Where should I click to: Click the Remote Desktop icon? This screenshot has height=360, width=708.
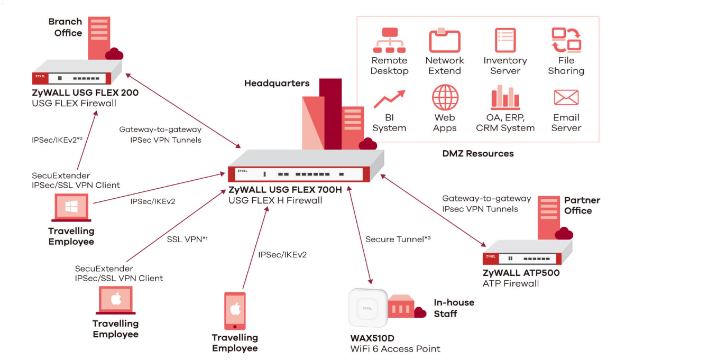tap(390, 41)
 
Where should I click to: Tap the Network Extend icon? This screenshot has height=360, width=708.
tap(445, 41)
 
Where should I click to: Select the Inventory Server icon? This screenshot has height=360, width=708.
tap(505, 41)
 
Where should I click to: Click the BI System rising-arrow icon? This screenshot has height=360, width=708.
tap(389, 99)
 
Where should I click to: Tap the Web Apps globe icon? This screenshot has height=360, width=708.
tap(445, 97)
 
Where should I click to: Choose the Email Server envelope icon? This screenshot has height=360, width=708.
tap(566, 97)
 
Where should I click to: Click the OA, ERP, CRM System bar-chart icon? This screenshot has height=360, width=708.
tap(505, 97)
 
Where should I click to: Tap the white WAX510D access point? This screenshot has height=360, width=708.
tap(367, 308)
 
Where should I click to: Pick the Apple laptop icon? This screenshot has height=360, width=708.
tap(116, 301)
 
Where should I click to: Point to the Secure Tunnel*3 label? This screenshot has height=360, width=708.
tap(398, 239)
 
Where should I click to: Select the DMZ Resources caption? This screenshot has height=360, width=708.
tap(478, 153)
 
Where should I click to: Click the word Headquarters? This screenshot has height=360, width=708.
tap(277, 83)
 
